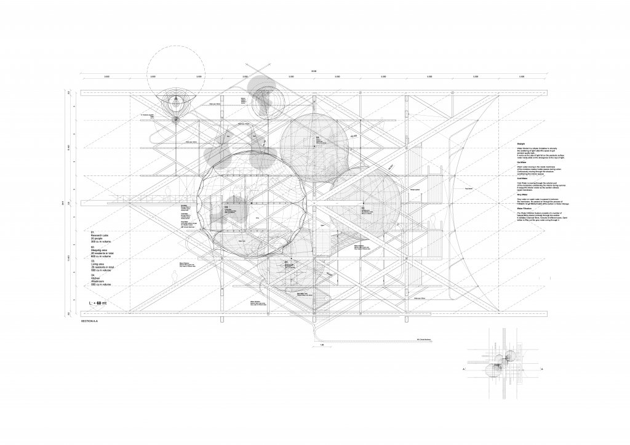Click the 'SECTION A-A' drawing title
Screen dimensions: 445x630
[x=90, y=322]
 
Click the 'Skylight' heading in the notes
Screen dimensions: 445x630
[x=520, y=143]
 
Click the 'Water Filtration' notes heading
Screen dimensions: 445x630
[x=525, y=209]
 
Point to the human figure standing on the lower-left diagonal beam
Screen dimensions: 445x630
[x=174, y=277]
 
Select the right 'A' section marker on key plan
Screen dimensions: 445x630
[x=541, y=369]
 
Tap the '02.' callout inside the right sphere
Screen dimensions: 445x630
[x=363, y=208]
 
